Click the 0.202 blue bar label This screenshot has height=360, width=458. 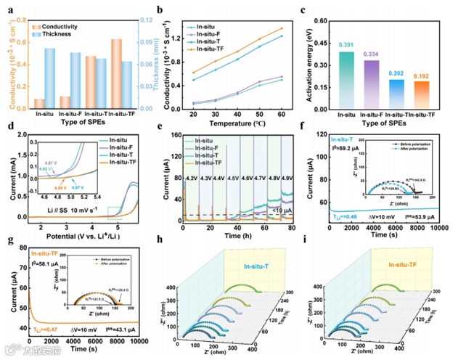pyautogui.click(x=397, y=73)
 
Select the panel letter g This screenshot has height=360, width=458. pyautogui.click(x=9, y=240)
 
